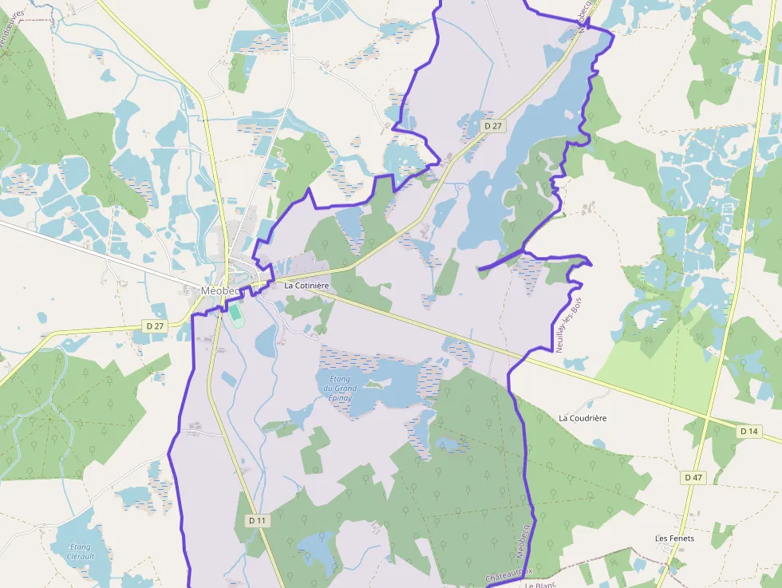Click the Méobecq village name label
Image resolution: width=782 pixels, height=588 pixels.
pyautogui.click(x=220, y=291)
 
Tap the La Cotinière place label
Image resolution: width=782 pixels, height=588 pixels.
pyautogui.click(x=306, y=285)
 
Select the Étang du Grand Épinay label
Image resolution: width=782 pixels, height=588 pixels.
pyautogui.click(x=339, y=389)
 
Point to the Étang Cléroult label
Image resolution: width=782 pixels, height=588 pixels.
pyautogui.click(x=81, y=551)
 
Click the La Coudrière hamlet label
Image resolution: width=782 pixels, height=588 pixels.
pyautogui.click(x=583, y=418)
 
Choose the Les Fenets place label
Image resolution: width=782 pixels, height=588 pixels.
pyautogui.click(x=674, y=539)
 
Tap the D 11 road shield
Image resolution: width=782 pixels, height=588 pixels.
pyautogui.click(x=256, y=520)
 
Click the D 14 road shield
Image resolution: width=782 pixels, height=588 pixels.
pyautogui.click(x=748, y=431)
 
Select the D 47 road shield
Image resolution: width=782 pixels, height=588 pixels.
pyautogui.click(x=693, y=477)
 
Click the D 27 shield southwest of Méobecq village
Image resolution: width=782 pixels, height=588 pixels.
pyautogui.click(x=154, y=326)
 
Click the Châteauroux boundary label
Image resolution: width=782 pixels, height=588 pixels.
pyautogui.click(x=508, y=573)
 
